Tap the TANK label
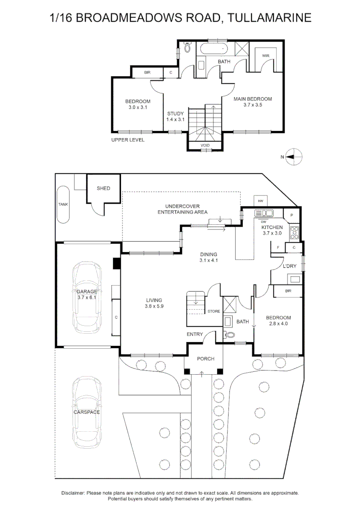click(x=63, y=205)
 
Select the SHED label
click(x=104, y=188)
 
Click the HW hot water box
click(x=261, y=201)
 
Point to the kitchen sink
click(x=264, y=213)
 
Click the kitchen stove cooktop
click(x=294, y=232)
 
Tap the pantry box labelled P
click(x=292, y=215)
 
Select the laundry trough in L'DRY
click(x=295, y=279)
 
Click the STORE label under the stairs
click(x=214, y=312)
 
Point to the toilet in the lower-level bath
click(x=229, y=334)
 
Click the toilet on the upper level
click(x=187, y=48)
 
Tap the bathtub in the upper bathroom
click(x=214, y=49)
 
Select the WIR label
click(x=266, y=56)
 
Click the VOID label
click(x=205, y=146)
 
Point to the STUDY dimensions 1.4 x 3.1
click(x=175, y=119)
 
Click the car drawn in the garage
click(x=86, y=297)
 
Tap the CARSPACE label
click(x=87, y=412)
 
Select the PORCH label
click(x=206, y=359)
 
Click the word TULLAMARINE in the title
click(x=269, y=17)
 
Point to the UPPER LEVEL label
click(x=128, y=140)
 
